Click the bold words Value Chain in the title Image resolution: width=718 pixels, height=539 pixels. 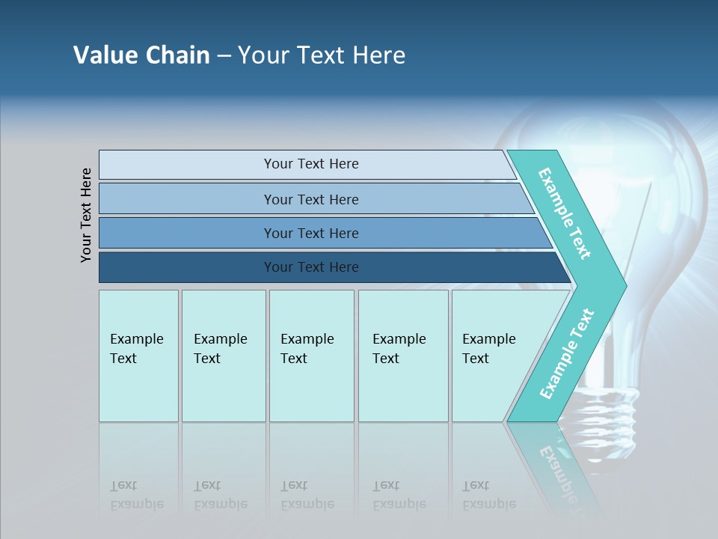(x=141, y=55)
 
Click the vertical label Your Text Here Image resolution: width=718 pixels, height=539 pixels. (x=87, y=215)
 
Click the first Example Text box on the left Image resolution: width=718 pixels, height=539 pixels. (x=138, y=356)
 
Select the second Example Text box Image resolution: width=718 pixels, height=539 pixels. (x=224, y=356)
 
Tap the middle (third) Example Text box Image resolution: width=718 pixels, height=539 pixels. (x=311, y=356)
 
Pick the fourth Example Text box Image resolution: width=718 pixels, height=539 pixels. (x=403, y=356)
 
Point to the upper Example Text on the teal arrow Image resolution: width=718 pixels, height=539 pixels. (x=565, y=213)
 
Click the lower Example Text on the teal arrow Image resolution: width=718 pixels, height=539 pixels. (x=566, y=354)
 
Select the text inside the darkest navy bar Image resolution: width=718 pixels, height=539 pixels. (x=311, y=267)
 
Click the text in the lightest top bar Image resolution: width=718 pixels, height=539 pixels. (x=311, y=164)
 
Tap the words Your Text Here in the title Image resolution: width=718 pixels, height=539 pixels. (x=322, y=55)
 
